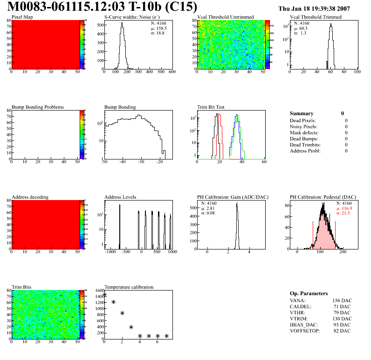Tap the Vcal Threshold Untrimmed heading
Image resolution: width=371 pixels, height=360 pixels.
point(225,17)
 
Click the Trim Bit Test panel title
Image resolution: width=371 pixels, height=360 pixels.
point(211,107)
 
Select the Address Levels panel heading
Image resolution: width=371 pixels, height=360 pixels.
point(120,197)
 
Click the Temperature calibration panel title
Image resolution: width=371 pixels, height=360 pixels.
point(129,287)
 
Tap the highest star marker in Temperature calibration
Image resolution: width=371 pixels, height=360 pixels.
point(104,295)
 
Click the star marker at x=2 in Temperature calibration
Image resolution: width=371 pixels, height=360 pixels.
point(122,313)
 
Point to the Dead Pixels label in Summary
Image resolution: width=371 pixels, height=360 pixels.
point(302,121)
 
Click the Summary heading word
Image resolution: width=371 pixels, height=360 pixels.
point(302,113)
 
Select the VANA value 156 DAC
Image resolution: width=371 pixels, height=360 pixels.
point(342,301)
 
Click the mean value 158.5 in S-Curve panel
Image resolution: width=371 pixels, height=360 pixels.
point(158,28)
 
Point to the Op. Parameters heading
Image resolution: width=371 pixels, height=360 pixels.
point(308,293)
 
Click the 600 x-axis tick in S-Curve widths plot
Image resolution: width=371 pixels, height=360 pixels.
point(172,72)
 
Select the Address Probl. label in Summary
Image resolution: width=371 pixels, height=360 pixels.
point(305,151)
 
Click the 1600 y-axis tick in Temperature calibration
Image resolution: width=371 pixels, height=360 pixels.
point(99,291)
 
